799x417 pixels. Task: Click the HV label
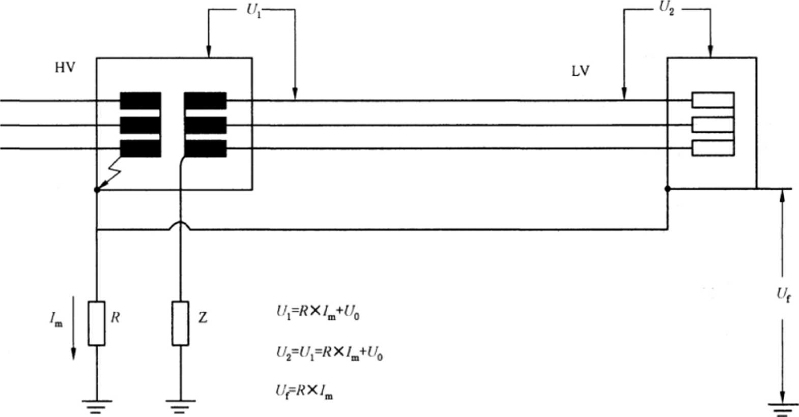pos(65,67)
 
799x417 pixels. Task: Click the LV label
pos(581,71)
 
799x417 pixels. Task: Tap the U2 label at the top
pos(667,10)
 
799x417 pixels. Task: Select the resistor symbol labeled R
pos(97,323)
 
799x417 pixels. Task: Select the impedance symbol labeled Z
pos(180,323)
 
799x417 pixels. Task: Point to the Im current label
pos(56,319)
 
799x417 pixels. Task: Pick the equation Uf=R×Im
pos(304,391)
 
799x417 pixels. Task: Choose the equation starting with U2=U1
pos(330,352)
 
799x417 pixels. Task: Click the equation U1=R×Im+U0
pos(318,313)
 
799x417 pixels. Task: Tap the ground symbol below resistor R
pos(97,404)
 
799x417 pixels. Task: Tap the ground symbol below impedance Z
pos(180,404)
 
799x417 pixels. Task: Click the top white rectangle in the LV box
pos(712,100)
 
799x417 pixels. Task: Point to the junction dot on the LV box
pos(667,189)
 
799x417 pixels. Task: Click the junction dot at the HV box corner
pos(97,190)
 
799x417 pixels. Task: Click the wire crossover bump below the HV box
pos(180,225)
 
